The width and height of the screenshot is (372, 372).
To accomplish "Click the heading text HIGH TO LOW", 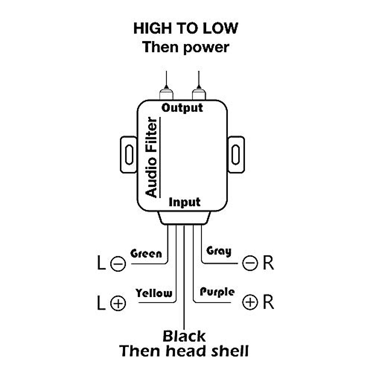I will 185,28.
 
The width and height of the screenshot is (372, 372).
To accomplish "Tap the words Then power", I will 185,47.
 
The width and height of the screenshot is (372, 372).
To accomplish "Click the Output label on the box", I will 182,108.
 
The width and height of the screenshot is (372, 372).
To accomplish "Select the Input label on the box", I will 184,202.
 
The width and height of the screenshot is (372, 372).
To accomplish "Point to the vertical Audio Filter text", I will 152,157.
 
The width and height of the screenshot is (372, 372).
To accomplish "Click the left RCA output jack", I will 166,94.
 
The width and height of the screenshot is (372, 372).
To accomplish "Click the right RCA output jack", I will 199,94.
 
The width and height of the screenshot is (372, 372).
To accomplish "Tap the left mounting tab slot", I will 129,154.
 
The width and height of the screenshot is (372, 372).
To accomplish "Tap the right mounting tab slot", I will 236,154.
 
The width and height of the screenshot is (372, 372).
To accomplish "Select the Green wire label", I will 146,254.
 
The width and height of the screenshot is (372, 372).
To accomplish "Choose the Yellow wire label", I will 154,293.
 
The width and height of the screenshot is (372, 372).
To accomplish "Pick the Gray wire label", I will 219,251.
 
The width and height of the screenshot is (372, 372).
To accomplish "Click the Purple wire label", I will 217,292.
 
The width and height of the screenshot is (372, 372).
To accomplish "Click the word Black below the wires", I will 184,336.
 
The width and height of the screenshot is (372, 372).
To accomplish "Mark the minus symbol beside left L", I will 118,264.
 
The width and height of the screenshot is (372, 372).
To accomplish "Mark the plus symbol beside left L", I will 118,303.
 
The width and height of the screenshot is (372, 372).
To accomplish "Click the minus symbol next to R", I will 250,263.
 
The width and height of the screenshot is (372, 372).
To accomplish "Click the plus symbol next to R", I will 250,302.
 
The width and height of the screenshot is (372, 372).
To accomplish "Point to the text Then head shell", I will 184,351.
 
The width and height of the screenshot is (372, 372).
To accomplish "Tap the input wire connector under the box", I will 184,218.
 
